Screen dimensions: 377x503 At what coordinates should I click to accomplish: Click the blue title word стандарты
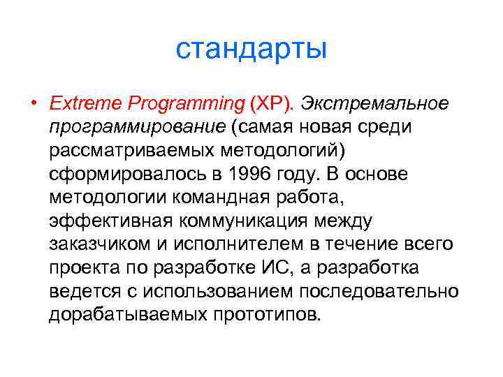tap(251, 50)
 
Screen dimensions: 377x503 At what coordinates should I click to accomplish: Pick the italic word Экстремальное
tap(374, 104)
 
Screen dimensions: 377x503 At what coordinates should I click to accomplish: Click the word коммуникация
tap(245, 223)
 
